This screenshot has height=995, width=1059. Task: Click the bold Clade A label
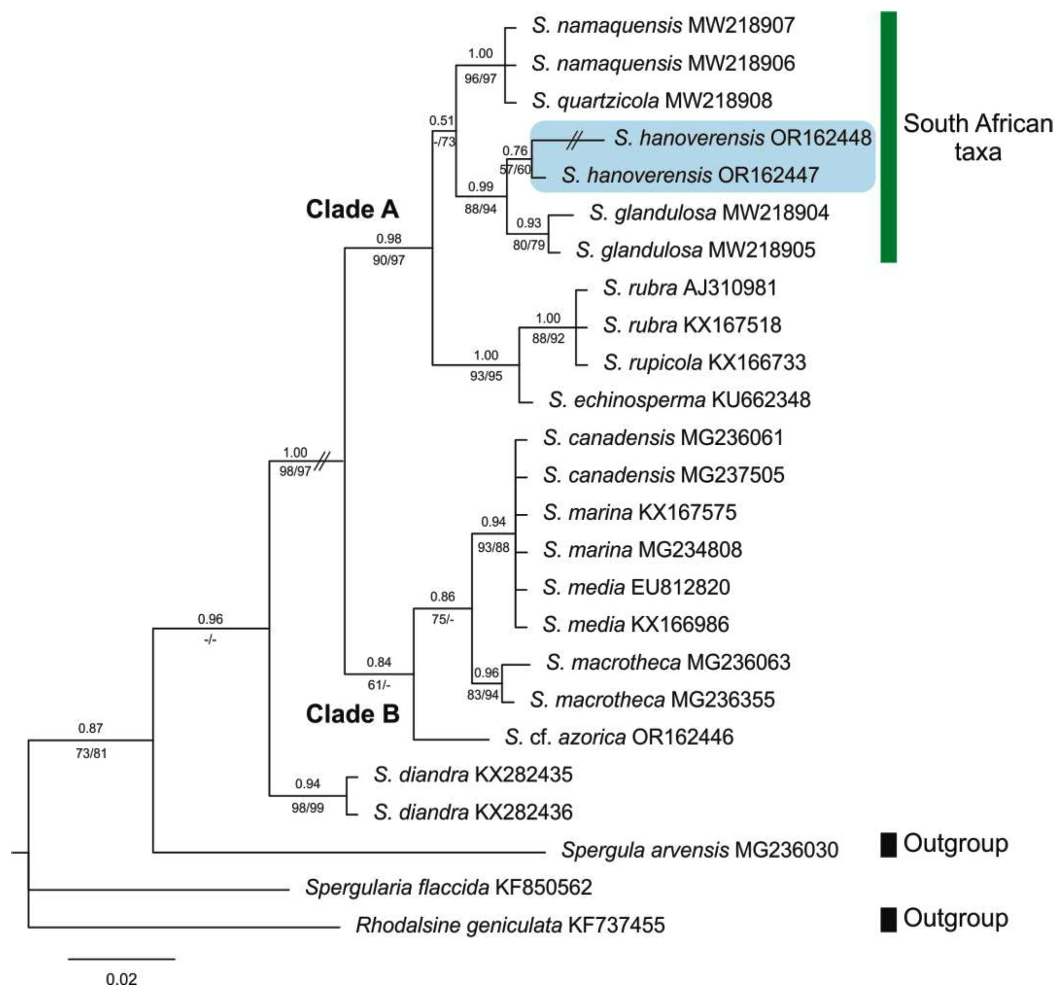point(352,209)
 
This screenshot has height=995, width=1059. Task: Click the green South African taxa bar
point(888,137)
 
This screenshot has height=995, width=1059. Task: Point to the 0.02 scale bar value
point(121,979)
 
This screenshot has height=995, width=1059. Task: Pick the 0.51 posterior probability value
point(442,121)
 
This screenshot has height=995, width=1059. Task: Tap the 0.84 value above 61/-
point(379,662)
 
